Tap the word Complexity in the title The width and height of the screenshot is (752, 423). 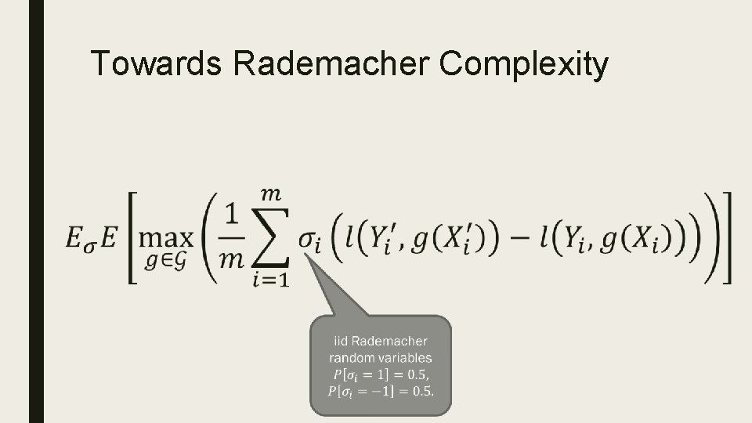point(523,64)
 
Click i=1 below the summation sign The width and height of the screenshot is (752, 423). point(269,280)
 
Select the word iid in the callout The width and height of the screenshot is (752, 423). point(340,341)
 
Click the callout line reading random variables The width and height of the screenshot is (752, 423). point(380,357)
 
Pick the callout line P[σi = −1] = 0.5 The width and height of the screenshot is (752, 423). point(380,390)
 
